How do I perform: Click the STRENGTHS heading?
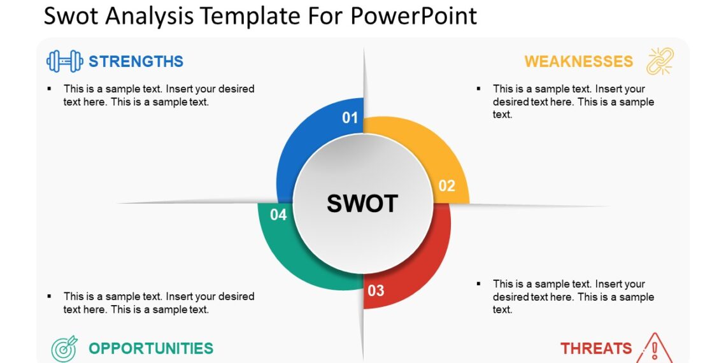136,61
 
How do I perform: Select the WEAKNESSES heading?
578,61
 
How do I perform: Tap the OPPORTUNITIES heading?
151,348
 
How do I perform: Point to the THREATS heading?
596,348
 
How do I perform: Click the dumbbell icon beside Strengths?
65,61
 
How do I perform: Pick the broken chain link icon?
660,61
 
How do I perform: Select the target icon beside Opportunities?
64,348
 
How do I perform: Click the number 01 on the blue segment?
350,118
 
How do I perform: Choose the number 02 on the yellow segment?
447,186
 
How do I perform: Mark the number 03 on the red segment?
376,291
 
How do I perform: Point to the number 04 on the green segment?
278,215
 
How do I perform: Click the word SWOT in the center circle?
362,204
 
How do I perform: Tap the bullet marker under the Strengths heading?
50,89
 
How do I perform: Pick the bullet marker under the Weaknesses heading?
479,89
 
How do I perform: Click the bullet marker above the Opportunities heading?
50,296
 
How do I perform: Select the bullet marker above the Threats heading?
479,284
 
